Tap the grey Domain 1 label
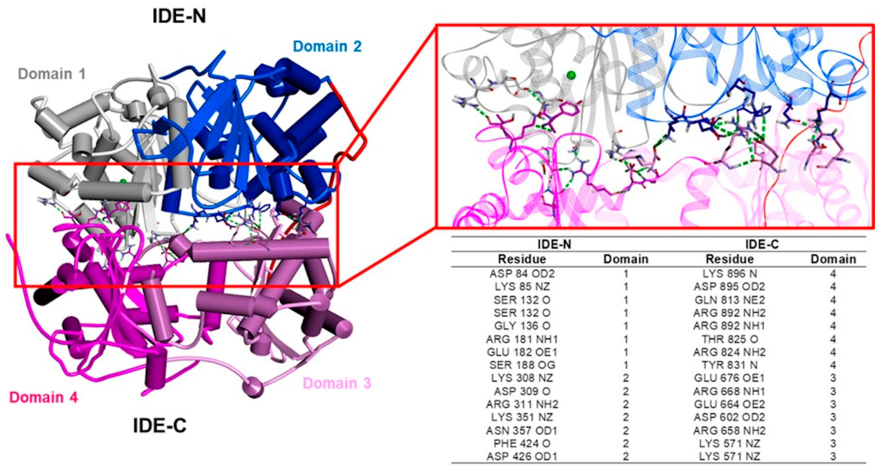[x=52, y=74]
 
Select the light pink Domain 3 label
[x=337, y=383]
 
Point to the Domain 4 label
[x=43, y=397]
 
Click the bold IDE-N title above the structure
[x=179, y=16]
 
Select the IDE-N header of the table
[x=554, y=244]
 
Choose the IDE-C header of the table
[x=762, y=244]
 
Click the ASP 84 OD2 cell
[x=522, y=274]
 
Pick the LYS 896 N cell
[x=729, y=274]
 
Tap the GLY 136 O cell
[x=522, y=326]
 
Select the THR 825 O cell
[x=729, y=339]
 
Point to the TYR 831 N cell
[x=729, y=365]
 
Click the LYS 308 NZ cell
[x=522, y=378]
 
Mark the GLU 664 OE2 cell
[x=729, y=404]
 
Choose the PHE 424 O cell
[x=522, y=443]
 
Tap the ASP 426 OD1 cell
[x=522, y=456]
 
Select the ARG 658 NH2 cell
[x=729, y=430]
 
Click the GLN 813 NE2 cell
[x=729, y=300]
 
